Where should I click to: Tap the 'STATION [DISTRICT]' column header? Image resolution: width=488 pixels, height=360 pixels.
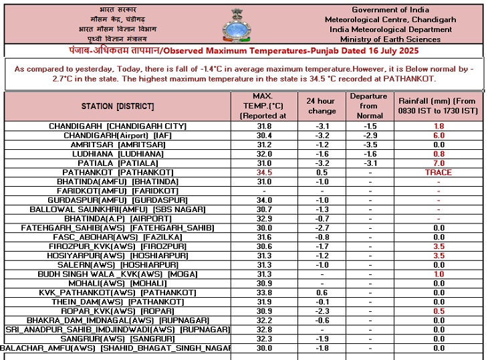118,106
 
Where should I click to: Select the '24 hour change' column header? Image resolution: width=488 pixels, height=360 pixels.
321,106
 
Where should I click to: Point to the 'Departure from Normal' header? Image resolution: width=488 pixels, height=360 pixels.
368,106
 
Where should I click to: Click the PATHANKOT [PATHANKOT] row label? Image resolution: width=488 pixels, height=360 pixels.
118,173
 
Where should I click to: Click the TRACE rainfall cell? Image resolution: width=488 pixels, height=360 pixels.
439,173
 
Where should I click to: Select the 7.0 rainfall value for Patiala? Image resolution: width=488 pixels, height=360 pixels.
439,163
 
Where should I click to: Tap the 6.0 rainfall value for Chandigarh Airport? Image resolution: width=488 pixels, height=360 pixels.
439,135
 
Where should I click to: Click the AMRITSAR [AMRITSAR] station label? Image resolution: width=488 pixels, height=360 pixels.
118,145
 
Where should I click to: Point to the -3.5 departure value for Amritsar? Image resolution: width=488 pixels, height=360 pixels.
368,145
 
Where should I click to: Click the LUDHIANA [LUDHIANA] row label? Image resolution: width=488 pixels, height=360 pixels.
118,154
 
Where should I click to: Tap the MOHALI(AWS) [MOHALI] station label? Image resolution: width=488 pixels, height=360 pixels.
118,283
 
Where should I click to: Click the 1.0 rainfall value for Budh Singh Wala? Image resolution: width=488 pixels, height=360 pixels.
439,274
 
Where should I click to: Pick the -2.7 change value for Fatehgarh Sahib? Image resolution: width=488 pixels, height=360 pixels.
321,228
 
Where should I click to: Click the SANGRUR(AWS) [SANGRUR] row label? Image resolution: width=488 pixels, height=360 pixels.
118,339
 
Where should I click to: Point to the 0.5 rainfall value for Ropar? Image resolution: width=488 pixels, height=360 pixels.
439,311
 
